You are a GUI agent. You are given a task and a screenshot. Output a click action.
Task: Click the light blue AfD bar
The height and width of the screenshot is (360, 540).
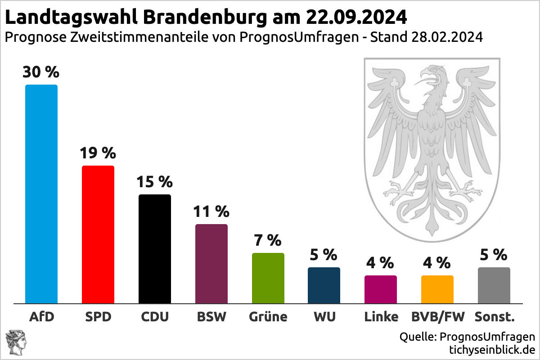tap(41, 194)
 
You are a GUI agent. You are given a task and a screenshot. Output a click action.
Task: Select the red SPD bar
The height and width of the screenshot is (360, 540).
tap(98, 234)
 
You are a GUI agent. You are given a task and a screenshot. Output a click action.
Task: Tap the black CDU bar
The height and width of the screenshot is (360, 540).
tap(155, 249)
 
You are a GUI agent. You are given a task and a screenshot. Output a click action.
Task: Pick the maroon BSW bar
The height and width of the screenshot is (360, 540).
tap(211, 264)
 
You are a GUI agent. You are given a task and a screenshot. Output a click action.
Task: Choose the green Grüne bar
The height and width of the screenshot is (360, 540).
tap(268, 278)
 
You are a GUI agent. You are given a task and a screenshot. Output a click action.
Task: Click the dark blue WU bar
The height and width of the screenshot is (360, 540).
tap(324, 285)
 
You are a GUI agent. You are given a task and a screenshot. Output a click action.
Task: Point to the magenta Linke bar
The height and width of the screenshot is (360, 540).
tap(381, 289)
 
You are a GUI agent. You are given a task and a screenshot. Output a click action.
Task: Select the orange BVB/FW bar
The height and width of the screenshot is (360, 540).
tap(437, 289)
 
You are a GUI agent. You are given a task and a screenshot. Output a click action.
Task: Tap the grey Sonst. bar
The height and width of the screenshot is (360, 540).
tap(494, 285)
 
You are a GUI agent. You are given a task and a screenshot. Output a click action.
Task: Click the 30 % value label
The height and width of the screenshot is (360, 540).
tap(41, 72)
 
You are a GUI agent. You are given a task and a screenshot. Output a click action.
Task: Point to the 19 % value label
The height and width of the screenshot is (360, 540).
tap(98, 153)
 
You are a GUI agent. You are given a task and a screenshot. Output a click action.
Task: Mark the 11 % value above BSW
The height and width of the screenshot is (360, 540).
tap(211, 211)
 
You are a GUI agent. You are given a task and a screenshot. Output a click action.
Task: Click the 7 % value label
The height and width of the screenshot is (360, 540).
tap(268, 240)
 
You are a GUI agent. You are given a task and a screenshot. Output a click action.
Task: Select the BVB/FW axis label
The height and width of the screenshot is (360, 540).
tap(437, 317)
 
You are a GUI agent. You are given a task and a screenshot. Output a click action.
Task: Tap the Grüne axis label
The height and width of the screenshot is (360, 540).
tap(268, 317)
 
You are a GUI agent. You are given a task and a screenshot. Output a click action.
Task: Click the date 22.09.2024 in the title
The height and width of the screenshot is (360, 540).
tap(356, 18)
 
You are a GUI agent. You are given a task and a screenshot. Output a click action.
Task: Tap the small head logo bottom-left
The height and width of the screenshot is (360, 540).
tap(15, 341)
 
